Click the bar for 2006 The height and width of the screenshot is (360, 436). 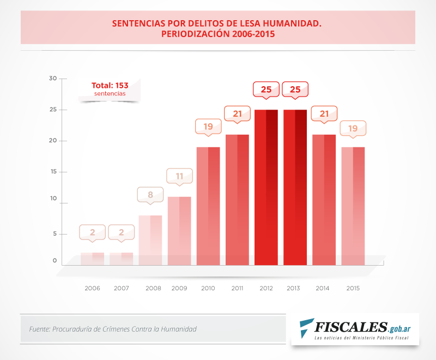92,259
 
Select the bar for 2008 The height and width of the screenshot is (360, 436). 150,241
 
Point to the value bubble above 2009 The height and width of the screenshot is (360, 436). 179,177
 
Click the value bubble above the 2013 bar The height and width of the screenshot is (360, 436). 295,89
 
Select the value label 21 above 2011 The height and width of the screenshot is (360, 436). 237,114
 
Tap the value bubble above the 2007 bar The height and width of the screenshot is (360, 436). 121,232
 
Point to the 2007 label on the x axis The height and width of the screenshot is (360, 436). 121,288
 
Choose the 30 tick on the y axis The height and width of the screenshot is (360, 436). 53,79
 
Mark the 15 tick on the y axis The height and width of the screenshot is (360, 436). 53,172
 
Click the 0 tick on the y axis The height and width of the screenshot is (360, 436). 55,261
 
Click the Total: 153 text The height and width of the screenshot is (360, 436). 110,86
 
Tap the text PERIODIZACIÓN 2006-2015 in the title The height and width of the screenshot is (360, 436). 217,34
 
